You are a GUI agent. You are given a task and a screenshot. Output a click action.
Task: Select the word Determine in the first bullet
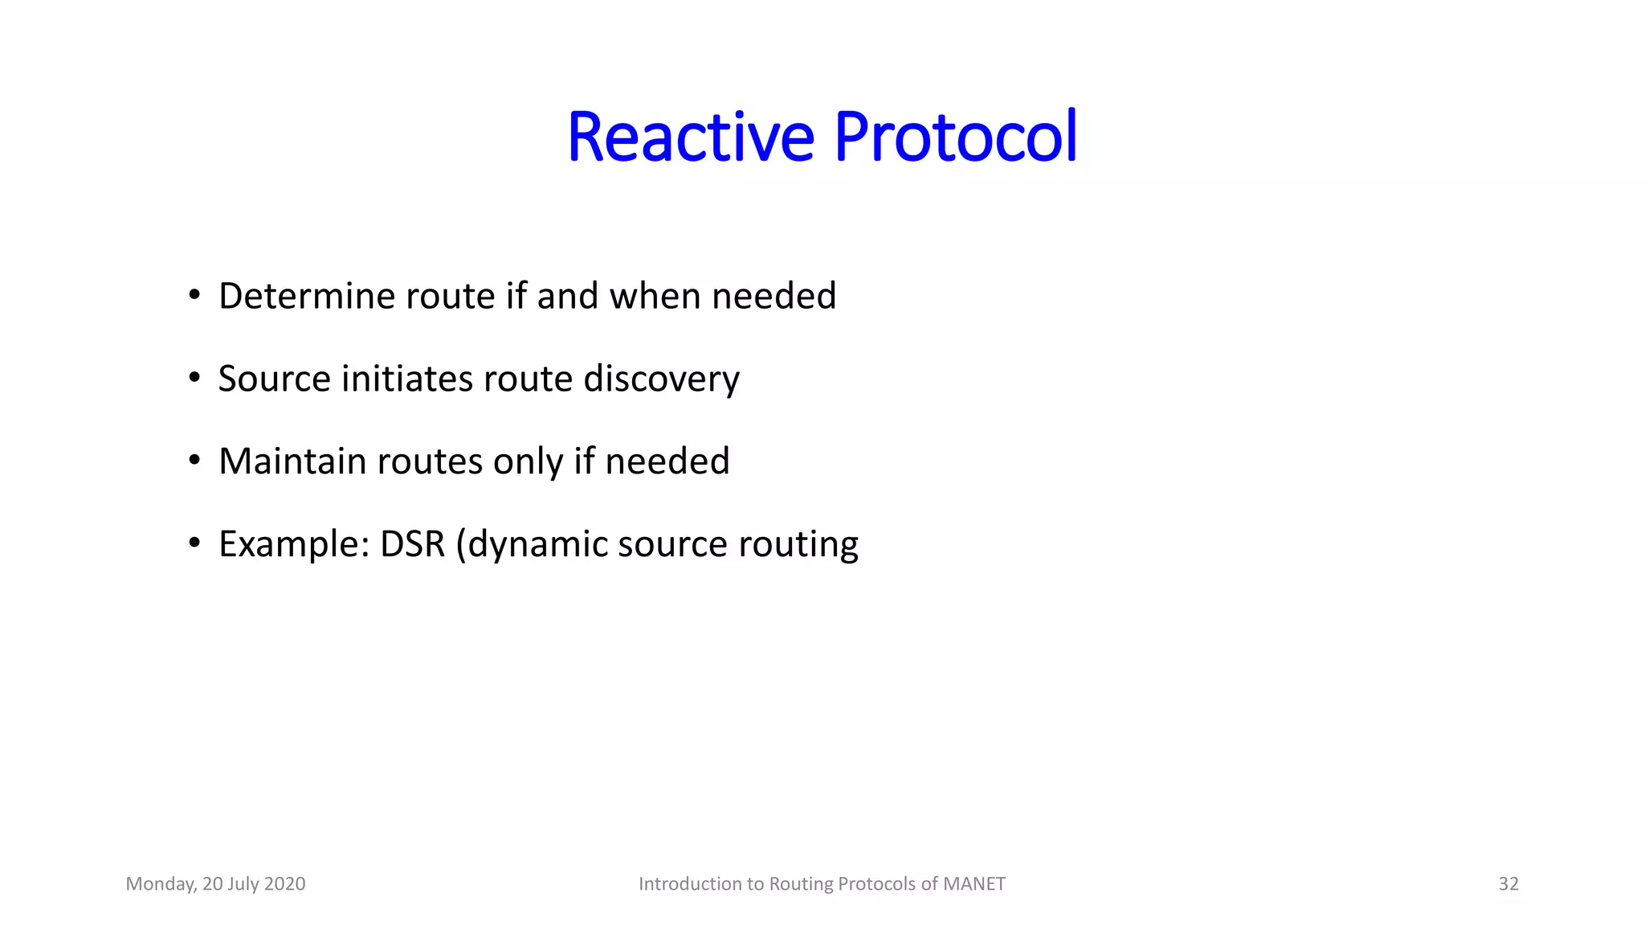307,296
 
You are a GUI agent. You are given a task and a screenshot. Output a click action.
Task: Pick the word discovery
661,379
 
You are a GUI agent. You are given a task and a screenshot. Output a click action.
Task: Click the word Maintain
292,461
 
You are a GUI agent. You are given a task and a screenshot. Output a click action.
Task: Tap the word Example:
294,544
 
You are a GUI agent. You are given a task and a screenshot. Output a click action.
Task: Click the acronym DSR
412,544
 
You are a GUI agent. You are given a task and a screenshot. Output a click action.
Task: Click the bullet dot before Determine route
194,296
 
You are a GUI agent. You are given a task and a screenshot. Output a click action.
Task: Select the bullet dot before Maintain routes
194,461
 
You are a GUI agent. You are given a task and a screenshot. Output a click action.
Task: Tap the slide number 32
1508,884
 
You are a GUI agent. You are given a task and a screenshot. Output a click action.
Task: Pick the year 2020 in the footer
284,884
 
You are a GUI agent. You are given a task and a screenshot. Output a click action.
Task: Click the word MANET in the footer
974,884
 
